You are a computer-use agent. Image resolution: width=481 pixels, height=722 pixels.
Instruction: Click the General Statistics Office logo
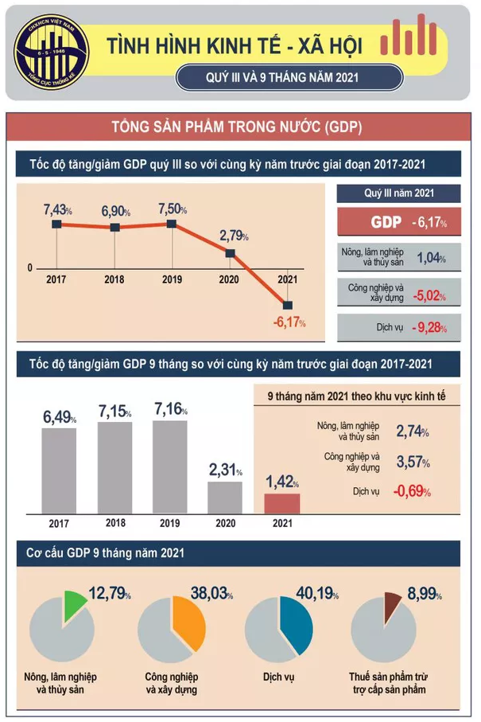[x=52, y=53]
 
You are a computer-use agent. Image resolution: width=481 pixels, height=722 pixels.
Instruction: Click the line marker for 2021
[x=287, y=304]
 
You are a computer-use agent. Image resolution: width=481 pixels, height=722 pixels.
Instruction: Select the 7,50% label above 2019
[x=173, y=209]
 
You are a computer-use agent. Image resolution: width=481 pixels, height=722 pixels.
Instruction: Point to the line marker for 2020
[x=230, y=253]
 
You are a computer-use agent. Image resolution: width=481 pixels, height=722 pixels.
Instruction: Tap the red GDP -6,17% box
[x=398, y=223]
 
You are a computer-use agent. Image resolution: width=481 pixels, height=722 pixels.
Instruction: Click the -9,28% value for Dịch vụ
[x=429, y=327]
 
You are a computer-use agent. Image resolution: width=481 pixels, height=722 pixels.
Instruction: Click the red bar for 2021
[x=282, y=503]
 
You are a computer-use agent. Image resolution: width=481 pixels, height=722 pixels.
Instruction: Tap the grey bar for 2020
[x=224, y=498]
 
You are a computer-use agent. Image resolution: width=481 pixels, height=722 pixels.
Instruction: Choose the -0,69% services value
[x=411, y=491]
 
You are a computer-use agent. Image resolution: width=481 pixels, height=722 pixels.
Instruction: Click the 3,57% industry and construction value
[x=412, y=462]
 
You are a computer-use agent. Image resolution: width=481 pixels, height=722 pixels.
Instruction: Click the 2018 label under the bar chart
[x=115, y=523]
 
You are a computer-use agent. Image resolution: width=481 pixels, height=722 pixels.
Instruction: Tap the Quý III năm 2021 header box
[x=398, y=193]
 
